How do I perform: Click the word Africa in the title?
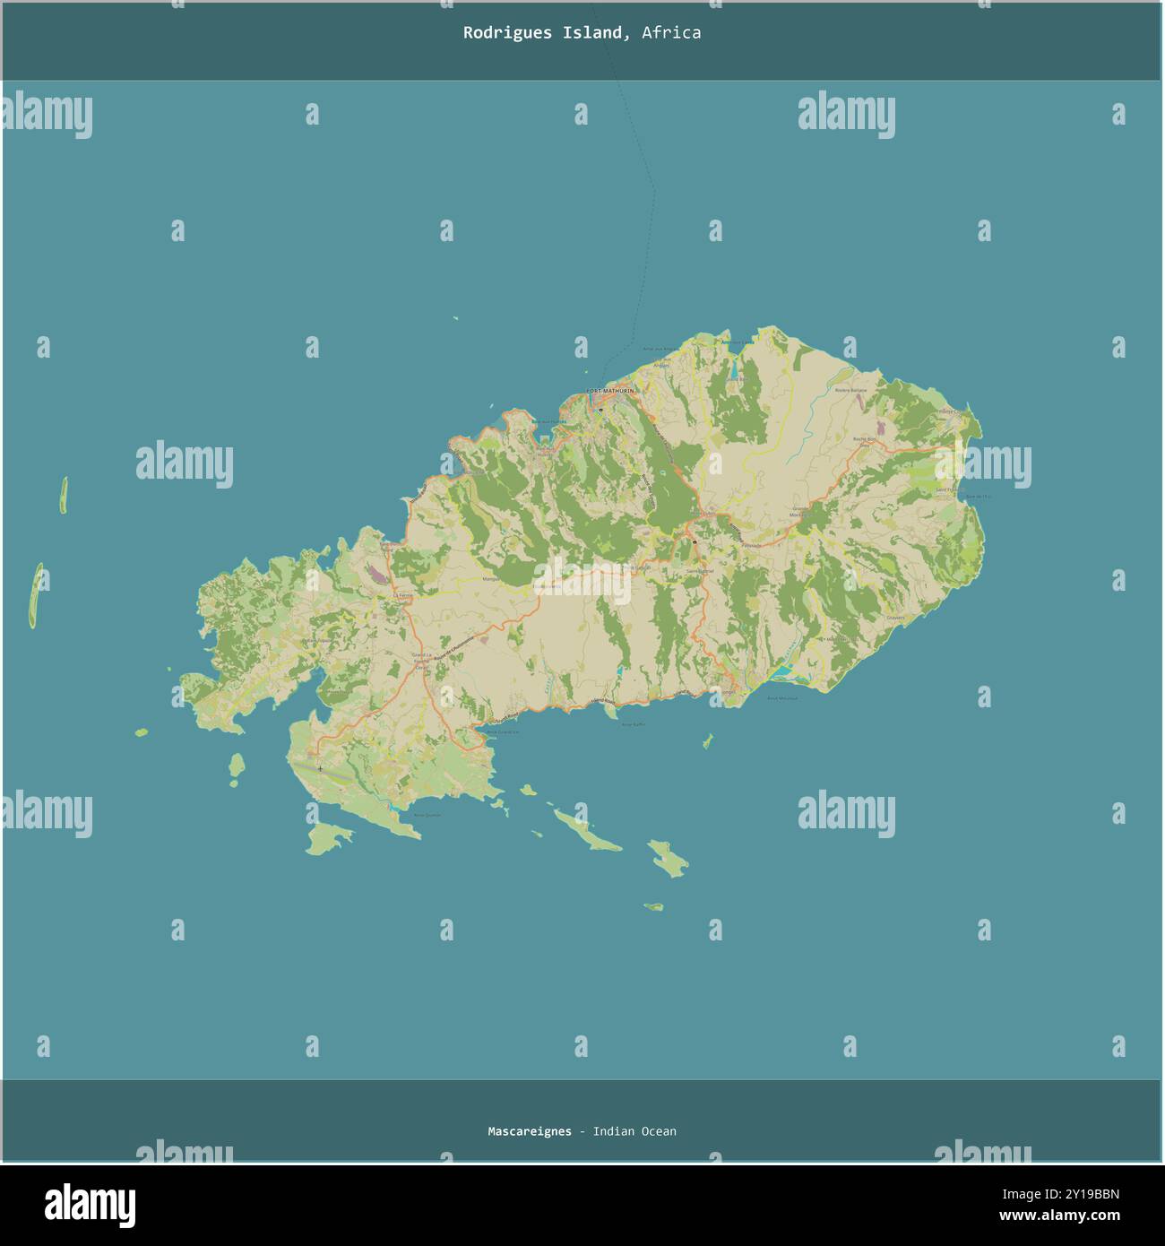coord(671,33)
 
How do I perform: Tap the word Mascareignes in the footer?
coord(529,1131)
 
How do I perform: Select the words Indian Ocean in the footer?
coord(634,1131)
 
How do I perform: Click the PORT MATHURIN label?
coord(609,392)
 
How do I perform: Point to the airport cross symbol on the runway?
coord(320,768)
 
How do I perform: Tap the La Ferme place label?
coord(403,595)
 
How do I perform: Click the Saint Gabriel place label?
coord(699,571)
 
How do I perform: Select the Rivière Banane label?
coord(850,391)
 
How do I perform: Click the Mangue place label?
coord(491,579)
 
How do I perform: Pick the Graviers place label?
coord(895,618)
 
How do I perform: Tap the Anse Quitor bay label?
coord(427,815)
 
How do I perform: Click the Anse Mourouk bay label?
coord(781,697)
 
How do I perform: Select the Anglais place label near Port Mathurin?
coord(661,366)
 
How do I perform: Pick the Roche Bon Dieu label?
coord(864,441)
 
